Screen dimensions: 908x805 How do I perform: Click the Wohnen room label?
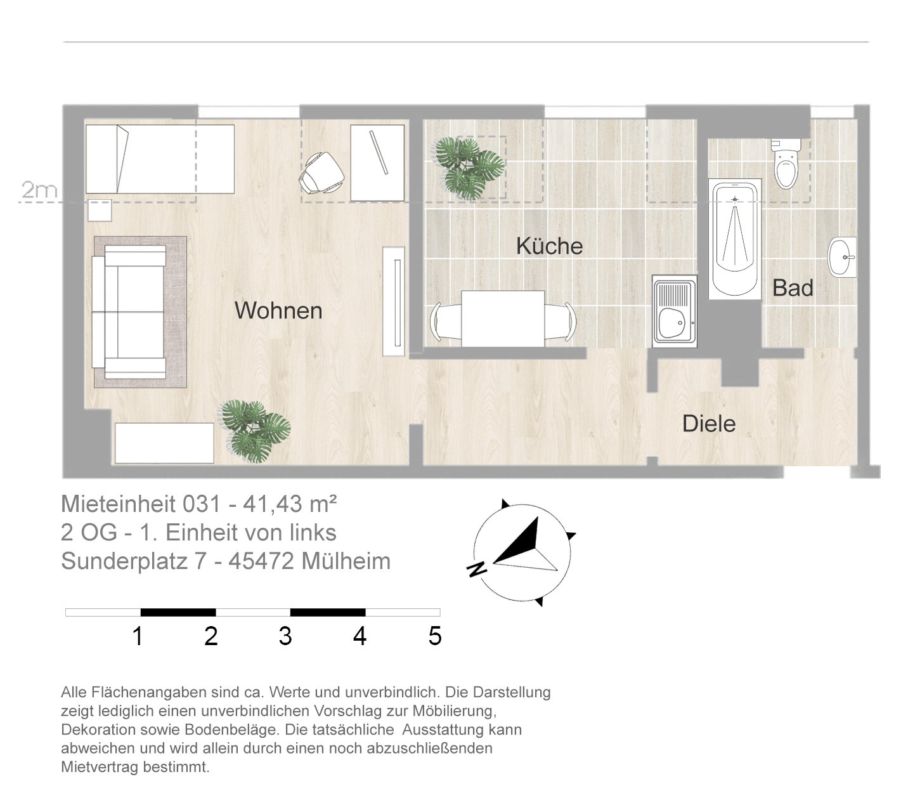[x=278, y=310]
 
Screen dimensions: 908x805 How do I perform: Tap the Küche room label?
[x=550, y=245]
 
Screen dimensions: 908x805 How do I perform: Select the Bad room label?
[x=793, y=287]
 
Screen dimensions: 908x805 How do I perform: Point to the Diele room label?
[x=709, y=423]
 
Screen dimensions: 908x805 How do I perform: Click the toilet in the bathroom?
[x=786, y=164]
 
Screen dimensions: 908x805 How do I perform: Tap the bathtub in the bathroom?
[x=735, y=239]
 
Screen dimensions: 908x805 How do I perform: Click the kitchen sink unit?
[x=675, y=311]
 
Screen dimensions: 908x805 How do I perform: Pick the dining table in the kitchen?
[x=503, y=319]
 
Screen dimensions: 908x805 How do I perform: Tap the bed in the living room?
[x=160, y=159]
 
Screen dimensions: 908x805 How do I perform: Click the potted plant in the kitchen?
[x=470, y=167]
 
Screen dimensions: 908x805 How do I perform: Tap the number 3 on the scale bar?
[x=285, y=636]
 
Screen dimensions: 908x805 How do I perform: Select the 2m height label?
[x=39, y=190]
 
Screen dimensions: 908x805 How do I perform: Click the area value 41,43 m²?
[x=290, y=504]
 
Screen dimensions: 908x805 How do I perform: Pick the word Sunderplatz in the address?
[x=124, y=561]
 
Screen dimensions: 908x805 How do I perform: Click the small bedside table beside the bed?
[x=100, y=211]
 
